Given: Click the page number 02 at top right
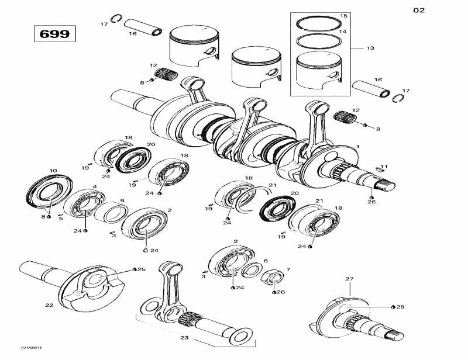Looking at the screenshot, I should (419, 10).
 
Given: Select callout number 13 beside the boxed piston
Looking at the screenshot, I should (370, 48).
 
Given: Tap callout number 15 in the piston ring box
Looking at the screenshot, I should (343, 16).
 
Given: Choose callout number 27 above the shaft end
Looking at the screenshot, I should (349, 279).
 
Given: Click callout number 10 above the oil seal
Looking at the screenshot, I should (53, 171).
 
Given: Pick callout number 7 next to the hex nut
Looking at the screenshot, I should (287, 269).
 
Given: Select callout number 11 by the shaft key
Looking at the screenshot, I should (384, 167).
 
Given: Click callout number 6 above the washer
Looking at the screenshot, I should (265, 261).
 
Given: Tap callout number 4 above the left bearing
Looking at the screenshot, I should (95, 187).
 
